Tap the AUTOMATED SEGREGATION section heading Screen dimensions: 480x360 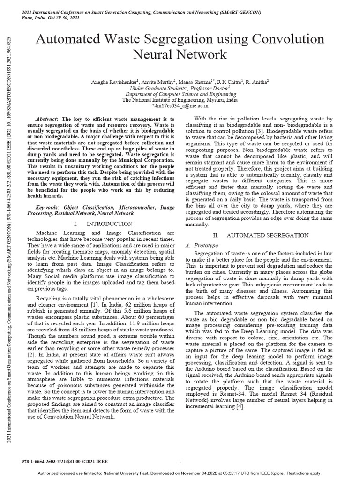pyautogui.click(x=267, y=235)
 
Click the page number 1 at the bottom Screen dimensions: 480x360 pyautogui.click(x=180, y=449)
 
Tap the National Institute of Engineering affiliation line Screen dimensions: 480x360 pyautogui.click(x=180, y=100)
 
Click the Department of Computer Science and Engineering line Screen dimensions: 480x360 pyautogui.click(x=180, y=94)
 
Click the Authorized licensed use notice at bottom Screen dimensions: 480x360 pyautogui.click(x=180, y=473)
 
